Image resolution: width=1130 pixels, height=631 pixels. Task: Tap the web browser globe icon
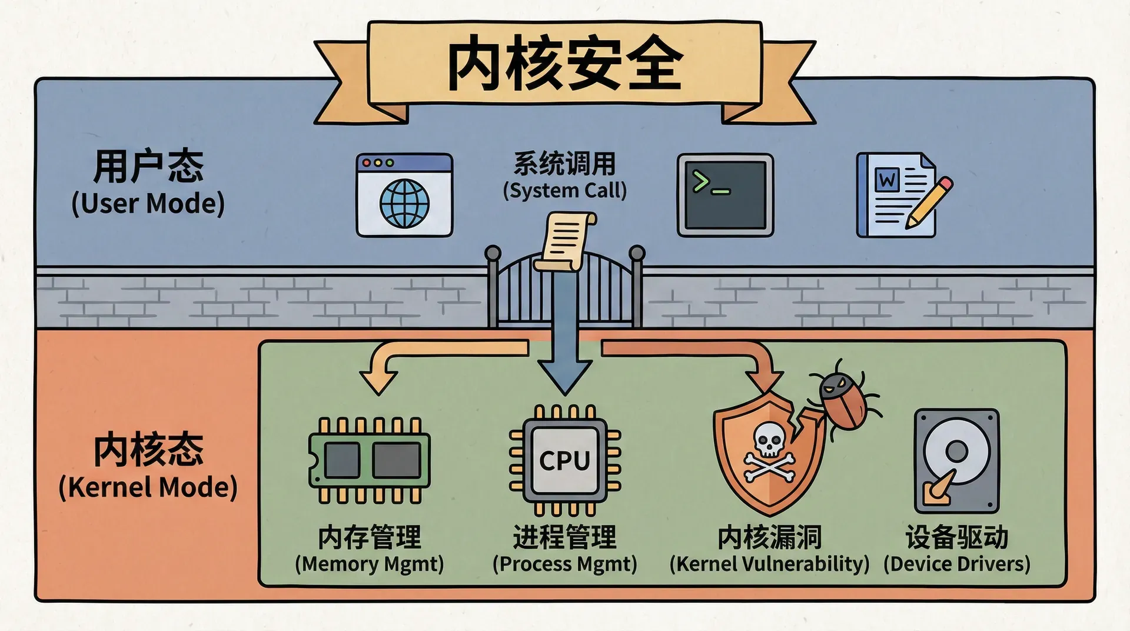tap(404, 203)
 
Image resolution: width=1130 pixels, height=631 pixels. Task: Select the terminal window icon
tap(725, 195)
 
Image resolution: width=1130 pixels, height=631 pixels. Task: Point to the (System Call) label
tap(564, 191)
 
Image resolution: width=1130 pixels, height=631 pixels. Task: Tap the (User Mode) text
tap(148, 204)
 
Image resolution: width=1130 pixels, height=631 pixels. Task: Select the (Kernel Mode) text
tap(148, 487)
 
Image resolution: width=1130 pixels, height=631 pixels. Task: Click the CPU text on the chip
tap(564, 460)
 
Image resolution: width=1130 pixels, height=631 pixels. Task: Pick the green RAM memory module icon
tap(370, 460)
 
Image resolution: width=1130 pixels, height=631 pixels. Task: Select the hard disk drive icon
tap(956, 461)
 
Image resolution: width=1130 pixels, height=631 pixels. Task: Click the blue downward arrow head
tap(565, 377)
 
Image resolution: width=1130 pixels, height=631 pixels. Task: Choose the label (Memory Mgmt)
tap(369, 564)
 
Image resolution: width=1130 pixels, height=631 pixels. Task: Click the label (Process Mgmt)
tap(564, 564)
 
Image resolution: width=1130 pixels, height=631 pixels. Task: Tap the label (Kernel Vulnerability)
tap(769, 564)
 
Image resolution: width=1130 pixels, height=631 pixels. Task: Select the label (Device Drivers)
tap(956, 564)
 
